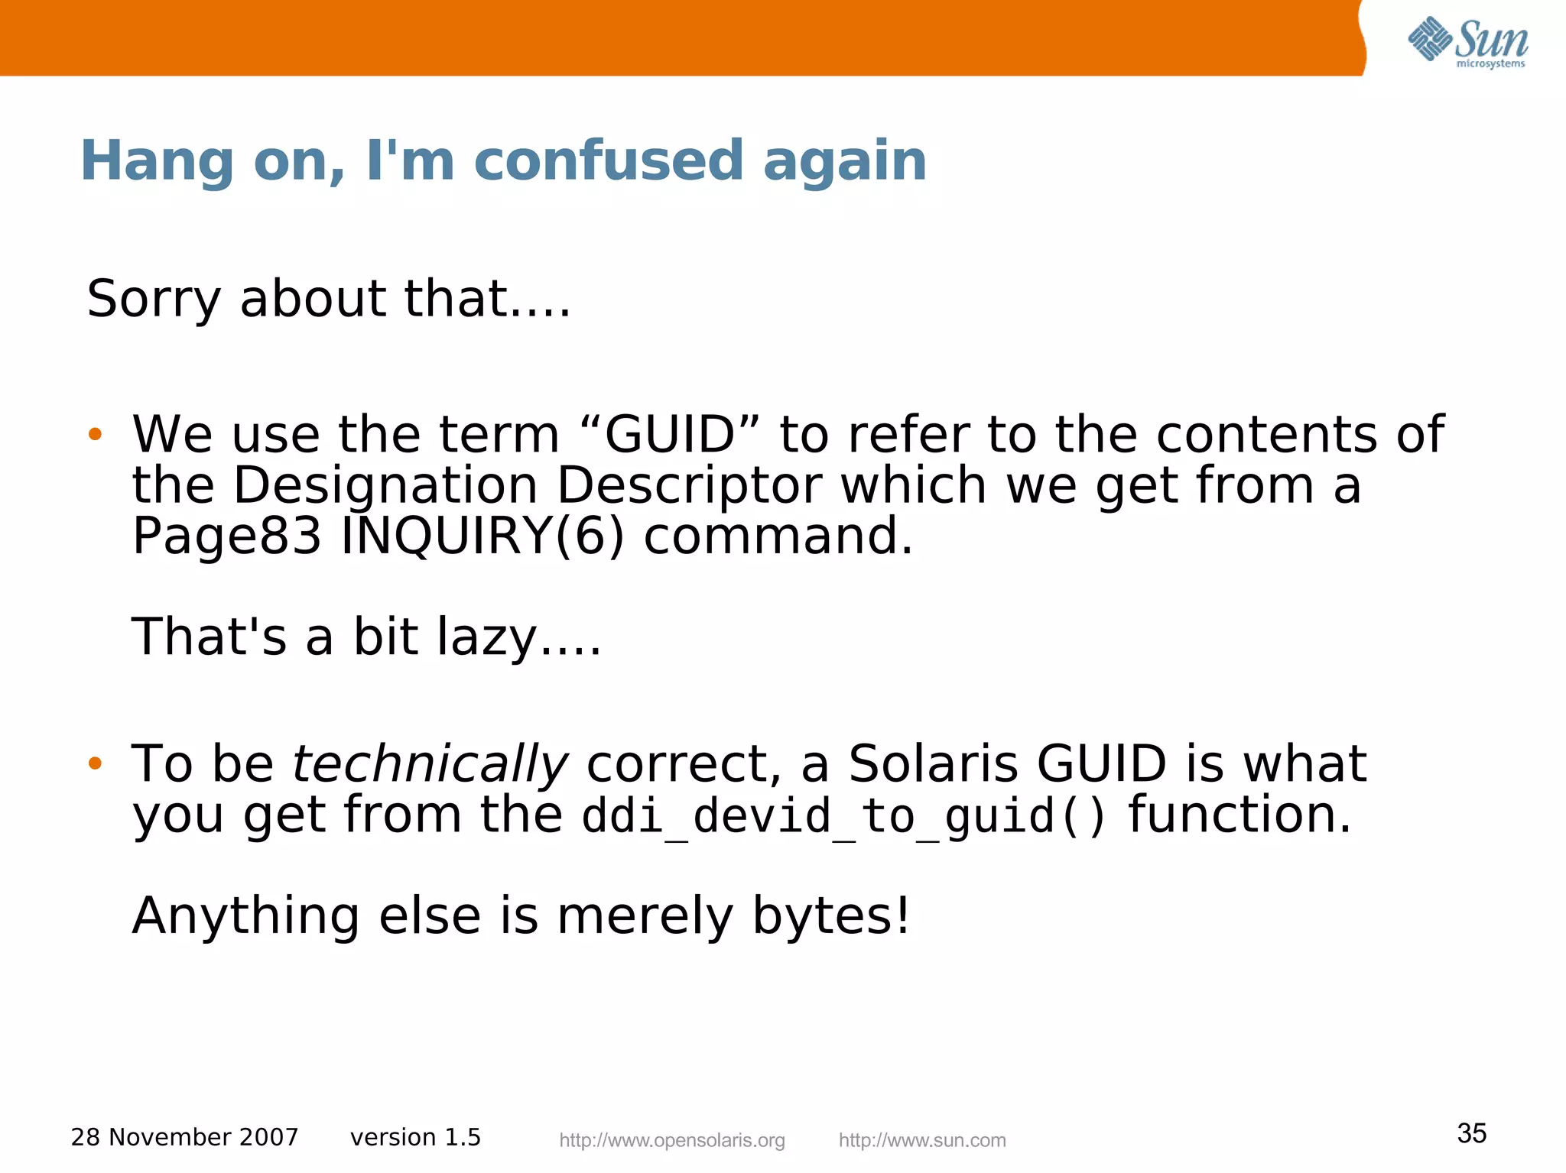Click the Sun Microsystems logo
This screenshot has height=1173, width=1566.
pos(1467,42)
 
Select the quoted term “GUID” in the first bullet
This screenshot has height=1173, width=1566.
pos(669,434)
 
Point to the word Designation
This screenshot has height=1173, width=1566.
pos(385,485)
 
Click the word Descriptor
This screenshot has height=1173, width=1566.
pos(689,485)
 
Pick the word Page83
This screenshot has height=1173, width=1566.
pos(226,536)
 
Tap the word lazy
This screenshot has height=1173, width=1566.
pos(486,637)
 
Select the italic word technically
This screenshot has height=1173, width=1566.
pos(430,763)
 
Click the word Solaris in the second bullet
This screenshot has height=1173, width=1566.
pos(933,763)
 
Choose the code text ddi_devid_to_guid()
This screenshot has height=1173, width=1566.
pos(843,815)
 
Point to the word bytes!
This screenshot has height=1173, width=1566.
pos(831,915)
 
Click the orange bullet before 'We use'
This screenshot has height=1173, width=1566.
pos(95,435)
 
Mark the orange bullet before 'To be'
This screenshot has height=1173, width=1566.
pos(95,763)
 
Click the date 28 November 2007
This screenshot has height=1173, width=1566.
pos(184,1137)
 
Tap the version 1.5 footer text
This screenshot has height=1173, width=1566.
pos(415,1137)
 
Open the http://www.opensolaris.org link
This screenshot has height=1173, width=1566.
pos(672,1140)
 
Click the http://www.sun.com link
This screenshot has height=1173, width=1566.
pos(922,1140)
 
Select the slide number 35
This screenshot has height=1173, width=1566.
pos(1471,1132)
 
